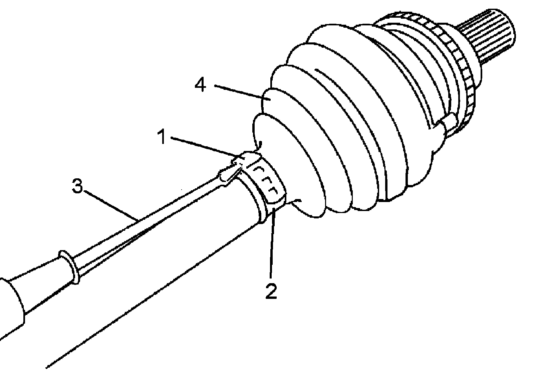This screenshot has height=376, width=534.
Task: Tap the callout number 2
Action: [x=271, y=291]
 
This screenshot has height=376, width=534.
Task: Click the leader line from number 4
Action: [x=239, y=91]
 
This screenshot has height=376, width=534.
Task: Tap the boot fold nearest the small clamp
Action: [x=287, y=167]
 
